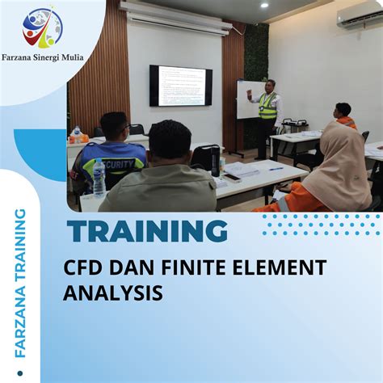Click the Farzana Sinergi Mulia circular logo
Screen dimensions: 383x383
(x=42, y=28)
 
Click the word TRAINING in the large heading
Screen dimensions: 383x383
(x=147, y=232)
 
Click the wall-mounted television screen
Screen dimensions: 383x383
(x=180, y=86)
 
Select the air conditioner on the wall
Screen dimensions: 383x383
(x=359, y=17)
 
